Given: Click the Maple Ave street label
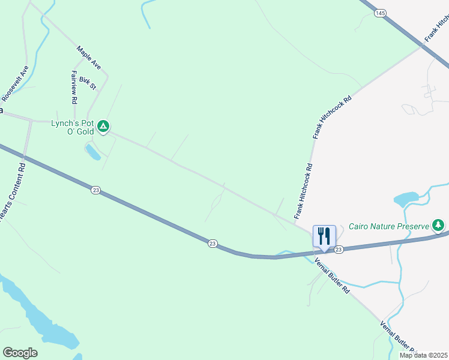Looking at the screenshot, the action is [89, 57].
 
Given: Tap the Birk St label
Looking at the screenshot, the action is [88, 83].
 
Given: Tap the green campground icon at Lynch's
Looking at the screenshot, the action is [103, 126].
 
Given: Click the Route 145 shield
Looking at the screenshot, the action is [379, 12].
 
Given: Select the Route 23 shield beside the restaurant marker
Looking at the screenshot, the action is [339, 250].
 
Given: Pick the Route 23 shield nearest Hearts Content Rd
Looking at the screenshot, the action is [96, 190].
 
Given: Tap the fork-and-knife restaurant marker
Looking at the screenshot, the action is [324, 236].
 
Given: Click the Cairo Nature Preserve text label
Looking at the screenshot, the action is [388, 226].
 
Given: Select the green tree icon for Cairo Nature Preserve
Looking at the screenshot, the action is [439, 225].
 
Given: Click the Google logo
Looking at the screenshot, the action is [20, 353].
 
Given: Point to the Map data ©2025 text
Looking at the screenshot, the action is [423, 355].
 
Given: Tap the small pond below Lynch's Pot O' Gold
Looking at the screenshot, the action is [93, 152].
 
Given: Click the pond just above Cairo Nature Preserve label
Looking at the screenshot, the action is [406, 199].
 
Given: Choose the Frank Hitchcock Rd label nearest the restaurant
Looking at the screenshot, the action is [304, 191].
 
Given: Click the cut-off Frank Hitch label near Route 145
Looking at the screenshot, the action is [436, 29].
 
